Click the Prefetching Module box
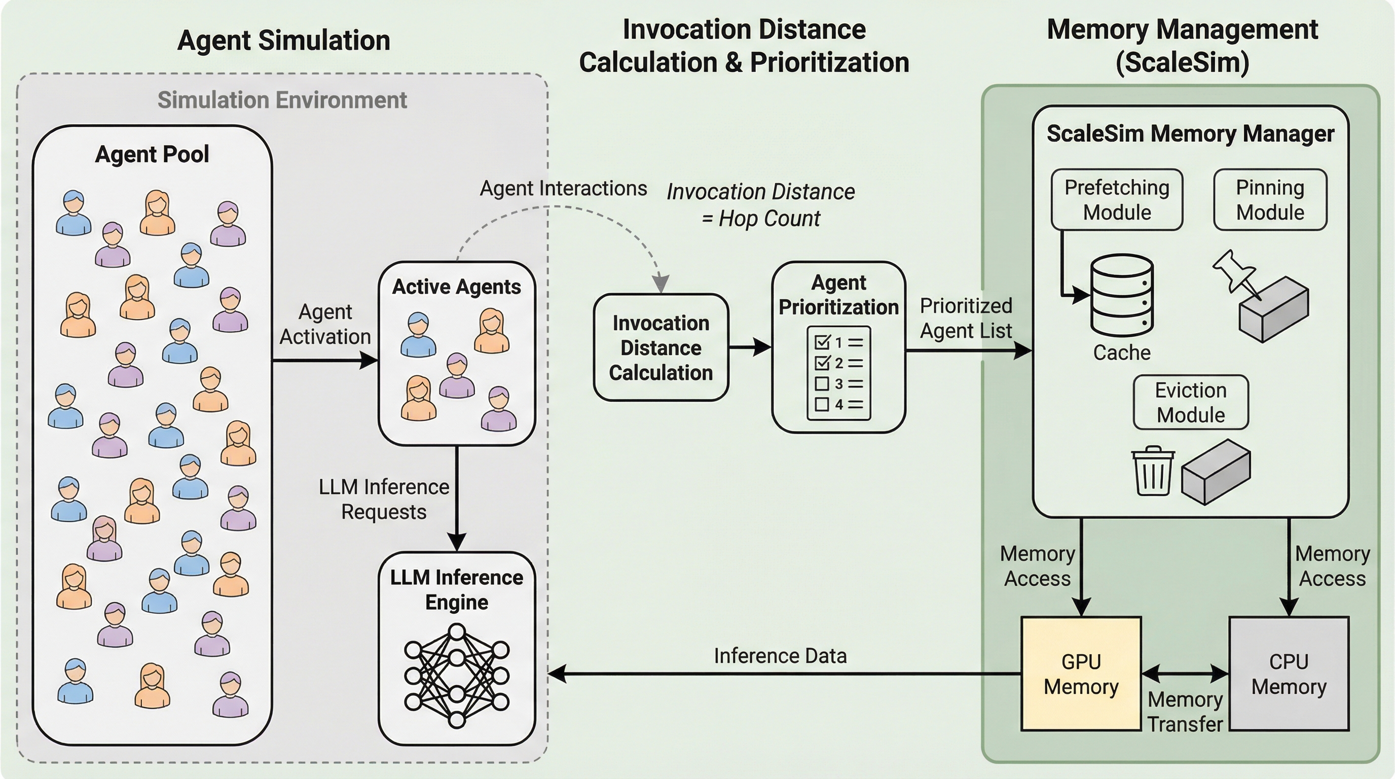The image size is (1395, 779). pos(1117,200)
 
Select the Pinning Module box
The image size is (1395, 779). pos(1270,200)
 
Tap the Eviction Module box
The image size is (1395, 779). pos(1191,403)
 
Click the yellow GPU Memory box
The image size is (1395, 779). pos(1081,674)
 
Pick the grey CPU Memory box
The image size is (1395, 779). pos(1289,674)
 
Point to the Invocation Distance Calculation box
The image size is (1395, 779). pos(660,347)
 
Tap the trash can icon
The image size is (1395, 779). pos(1153,471)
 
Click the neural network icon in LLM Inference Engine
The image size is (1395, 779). pos(457,676)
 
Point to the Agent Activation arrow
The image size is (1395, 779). pos(325,360)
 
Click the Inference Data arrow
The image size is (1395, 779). pos(780,674)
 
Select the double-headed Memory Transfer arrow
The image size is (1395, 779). pos(1185,674)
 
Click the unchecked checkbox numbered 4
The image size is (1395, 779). pos(822,404)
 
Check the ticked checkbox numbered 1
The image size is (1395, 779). pos(822,342)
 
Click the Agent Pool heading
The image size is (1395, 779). pos(152,154)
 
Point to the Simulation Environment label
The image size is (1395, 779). pos(282,100)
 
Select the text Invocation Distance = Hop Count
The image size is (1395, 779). pos(760,205)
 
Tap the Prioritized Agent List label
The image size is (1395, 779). pos(966,318)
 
